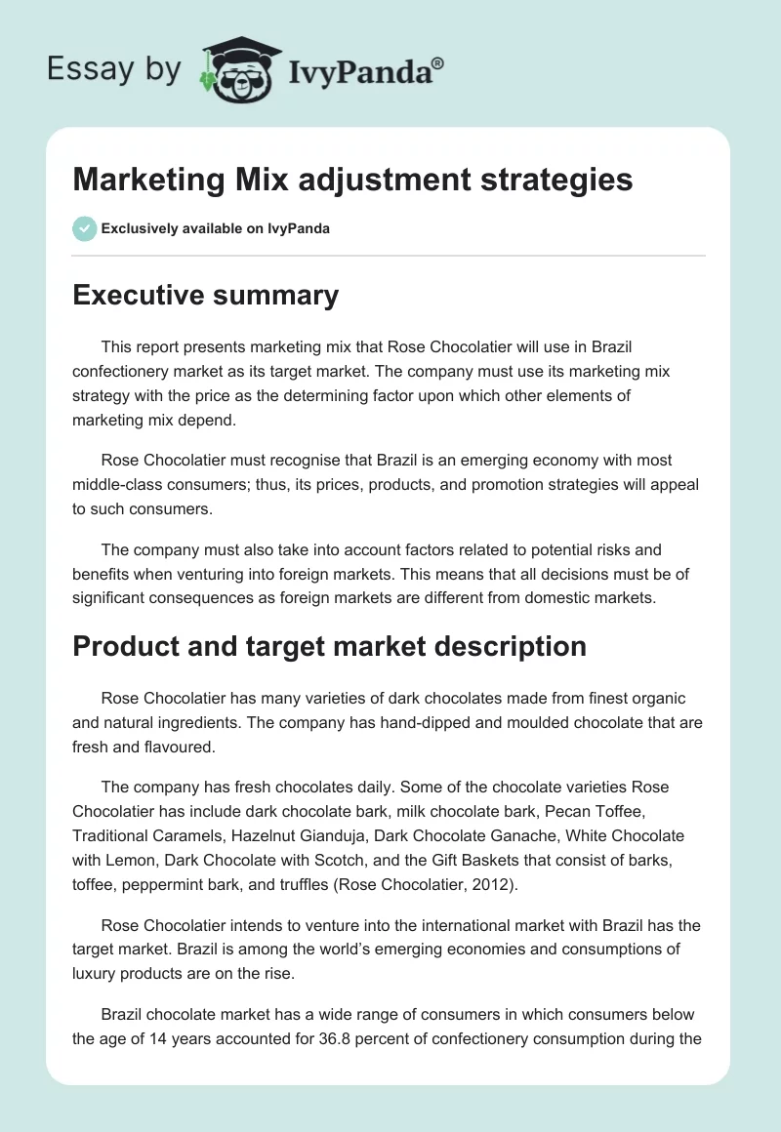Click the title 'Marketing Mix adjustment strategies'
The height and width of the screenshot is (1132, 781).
coord(352,180)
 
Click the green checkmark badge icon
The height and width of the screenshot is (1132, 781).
coord(84,228)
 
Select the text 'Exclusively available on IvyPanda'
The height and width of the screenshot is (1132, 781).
coord(216,229)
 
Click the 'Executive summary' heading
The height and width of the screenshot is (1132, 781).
coord(206,295)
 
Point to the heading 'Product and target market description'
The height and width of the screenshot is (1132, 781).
coord(330,646)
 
